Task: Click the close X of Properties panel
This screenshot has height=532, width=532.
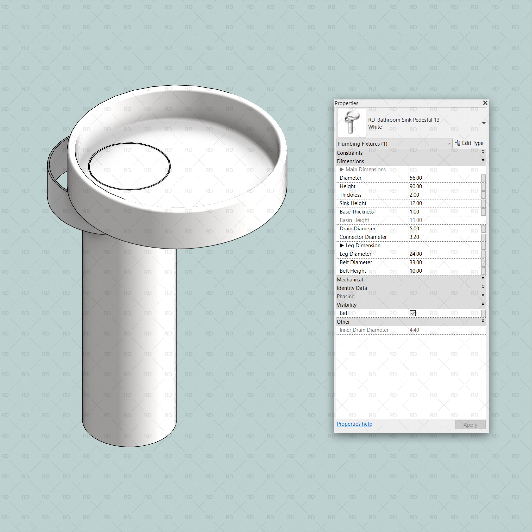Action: click(x=485, y=103)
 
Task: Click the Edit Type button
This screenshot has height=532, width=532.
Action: click(x=469, y=143)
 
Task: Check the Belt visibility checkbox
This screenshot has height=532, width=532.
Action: click(x=412, y=313)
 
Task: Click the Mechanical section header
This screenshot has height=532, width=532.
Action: click(x=350, y=279)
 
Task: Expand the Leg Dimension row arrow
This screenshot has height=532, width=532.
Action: click(x=341, y=245)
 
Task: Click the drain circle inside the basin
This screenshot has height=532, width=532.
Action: click(x=129, y=166)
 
